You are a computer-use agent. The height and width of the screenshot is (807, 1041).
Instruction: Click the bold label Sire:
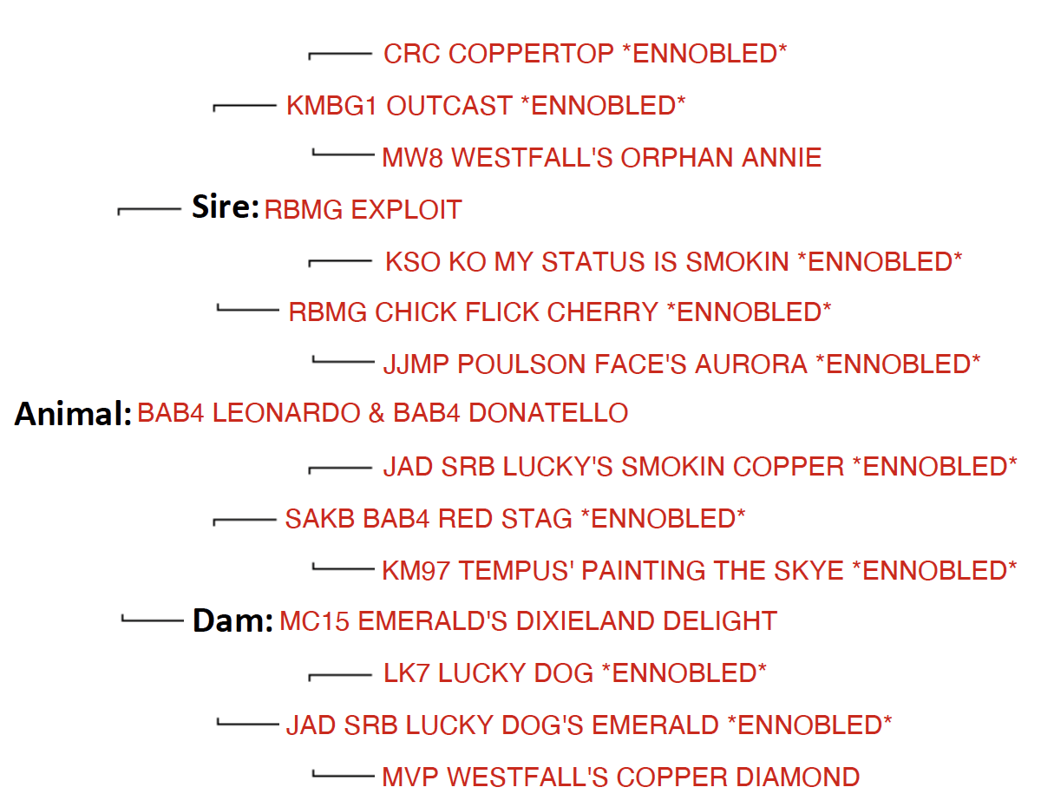[226, 207]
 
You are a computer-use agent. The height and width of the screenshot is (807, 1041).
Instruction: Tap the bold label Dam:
[232, 620]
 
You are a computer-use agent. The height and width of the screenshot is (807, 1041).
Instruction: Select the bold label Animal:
[73, 414]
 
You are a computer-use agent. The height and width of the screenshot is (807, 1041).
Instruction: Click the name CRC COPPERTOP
[498, 53]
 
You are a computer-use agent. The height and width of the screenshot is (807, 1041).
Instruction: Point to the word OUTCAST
[449, 105]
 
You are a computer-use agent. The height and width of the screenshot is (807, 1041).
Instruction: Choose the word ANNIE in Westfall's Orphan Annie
[782, 158]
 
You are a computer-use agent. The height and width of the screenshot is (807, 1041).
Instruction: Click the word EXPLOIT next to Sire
[406, 210]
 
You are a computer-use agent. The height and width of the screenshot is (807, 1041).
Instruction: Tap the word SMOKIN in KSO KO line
[737, 262]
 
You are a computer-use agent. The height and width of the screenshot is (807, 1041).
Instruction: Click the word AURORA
[751, 364]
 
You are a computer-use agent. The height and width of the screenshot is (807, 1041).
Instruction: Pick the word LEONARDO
[286, 413]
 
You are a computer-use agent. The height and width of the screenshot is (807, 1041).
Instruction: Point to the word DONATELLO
[548, 413]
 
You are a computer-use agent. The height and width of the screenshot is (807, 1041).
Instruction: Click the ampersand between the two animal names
[376, 413]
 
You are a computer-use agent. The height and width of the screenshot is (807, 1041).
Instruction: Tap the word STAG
[536, 519]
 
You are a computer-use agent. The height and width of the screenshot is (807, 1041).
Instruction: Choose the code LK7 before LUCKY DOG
[406, 672]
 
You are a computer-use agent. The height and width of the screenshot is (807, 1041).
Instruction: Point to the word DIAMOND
[797, 777]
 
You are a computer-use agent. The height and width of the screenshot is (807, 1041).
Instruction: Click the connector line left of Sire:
[149, 209]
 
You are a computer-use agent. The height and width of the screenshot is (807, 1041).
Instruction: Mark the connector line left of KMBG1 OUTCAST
[245, 105]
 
